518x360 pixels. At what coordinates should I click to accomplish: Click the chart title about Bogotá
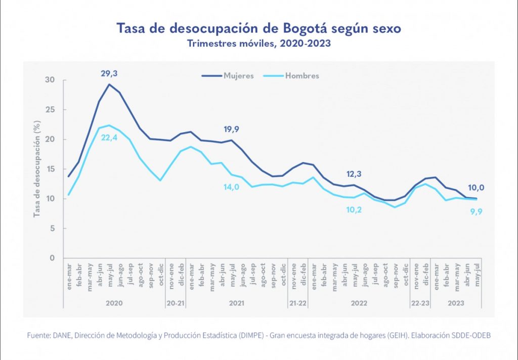pyautogui.click(x=258, y=28)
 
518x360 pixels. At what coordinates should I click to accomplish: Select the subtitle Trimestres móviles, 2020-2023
pyautogui.click(x=258, y=43)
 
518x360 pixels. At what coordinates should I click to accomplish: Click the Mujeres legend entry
pyautogui.click(x=228, y=75)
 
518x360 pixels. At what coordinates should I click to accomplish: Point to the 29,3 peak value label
pyautogui.click(x=109, y=74)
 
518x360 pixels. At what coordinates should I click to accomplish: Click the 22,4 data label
pyautogui.click(x=109, y=135)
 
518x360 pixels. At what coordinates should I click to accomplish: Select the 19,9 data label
pyautogui.click(x=231, y=129)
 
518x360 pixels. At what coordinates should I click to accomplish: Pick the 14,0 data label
pyautogui.click(x=231, y=187)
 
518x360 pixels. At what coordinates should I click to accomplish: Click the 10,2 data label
pyautogui.click(x=354, y=209)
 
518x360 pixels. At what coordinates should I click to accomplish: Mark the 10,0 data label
pyautogui.click(x=476, y=187)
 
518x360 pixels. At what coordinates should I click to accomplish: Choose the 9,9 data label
pyautogui.click(x=476, y=211)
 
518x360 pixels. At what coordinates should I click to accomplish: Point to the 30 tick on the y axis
pyautogui.click(x=50, y=80)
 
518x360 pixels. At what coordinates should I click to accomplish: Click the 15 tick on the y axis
pyautogui.click(x=50, y=169)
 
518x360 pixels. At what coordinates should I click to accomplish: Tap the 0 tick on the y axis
pyautogui.click(x=52, y=258)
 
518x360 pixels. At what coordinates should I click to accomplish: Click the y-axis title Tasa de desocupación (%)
pyautogui.click(x=37, y=169)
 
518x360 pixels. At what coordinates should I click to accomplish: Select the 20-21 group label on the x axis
pyautogui.click(x=176, y=303)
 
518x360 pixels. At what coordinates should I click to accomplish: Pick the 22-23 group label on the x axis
pyautogui.click(x=420, y=303)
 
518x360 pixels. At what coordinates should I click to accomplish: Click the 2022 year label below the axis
pyautogui.click(x=359, y=303)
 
